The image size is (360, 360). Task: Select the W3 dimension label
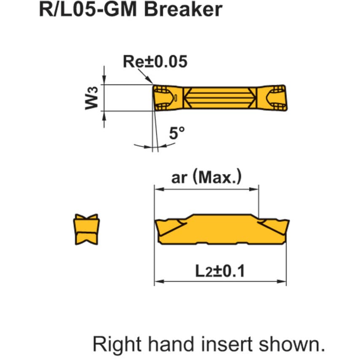91,98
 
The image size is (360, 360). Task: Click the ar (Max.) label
207,177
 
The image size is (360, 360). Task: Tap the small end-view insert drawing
86,229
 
